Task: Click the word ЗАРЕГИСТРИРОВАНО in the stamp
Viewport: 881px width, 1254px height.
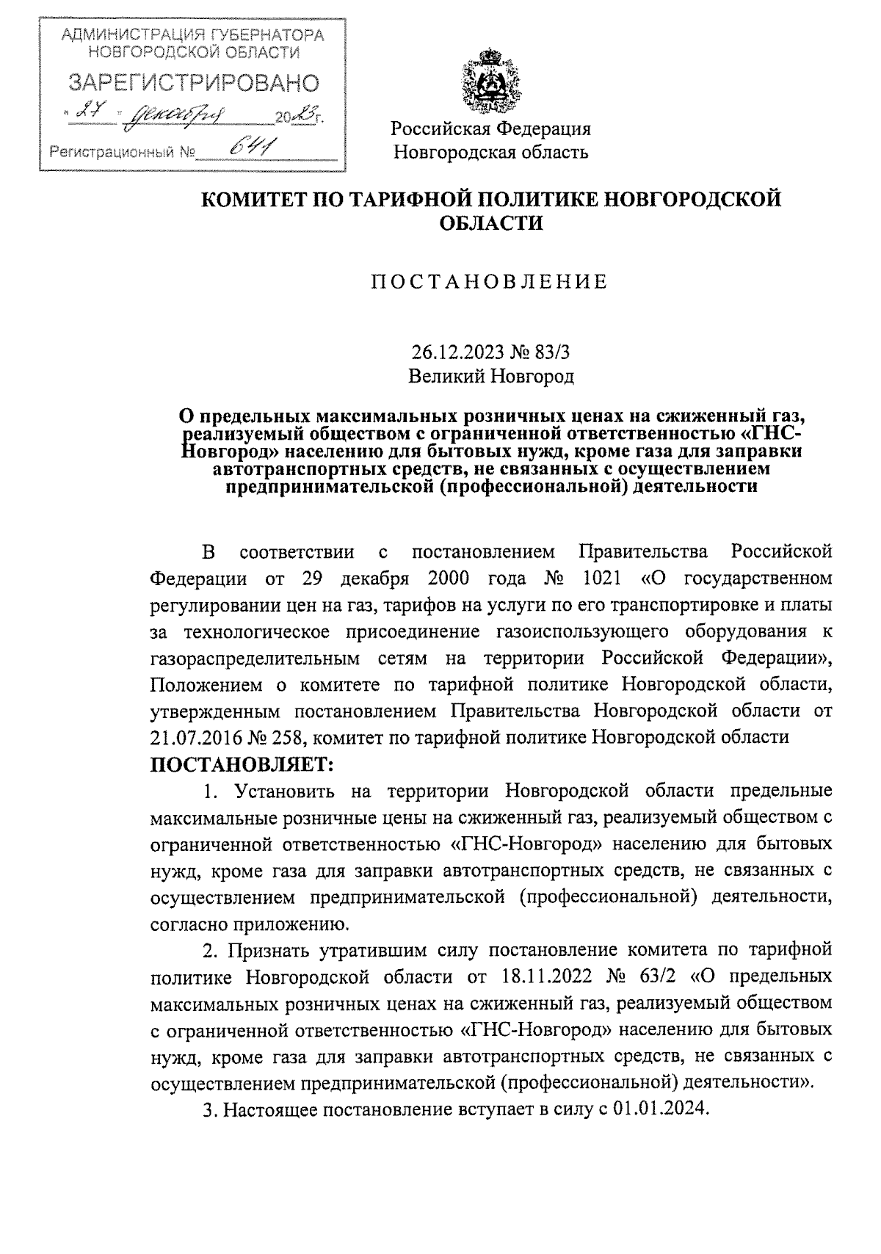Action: (x=193, y=83)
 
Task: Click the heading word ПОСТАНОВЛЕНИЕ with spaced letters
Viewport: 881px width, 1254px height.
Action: (x=490, y=282)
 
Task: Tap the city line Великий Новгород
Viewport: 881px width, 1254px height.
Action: (x=491, y=377)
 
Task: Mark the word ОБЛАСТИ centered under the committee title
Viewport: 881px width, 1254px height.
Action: (x=491, y=222)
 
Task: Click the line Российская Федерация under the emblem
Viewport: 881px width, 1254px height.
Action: (x=491, y=129)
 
